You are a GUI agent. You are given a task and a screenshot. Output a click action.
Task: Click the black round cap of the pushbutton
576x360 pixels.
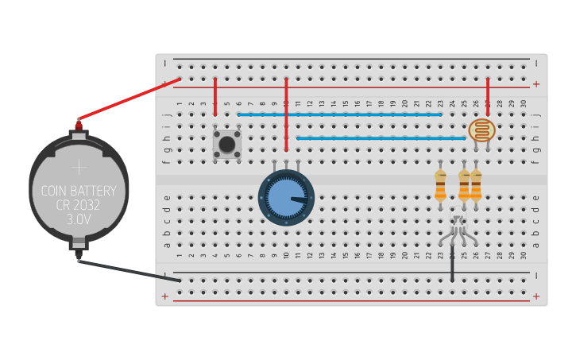(227, 144)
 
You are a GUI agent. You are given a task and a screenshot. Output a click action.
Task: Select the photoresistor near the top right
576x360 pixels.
(481, 130)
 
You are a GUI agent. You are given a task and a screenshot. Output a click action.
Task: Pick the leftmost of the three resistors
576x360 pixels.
(440, 187)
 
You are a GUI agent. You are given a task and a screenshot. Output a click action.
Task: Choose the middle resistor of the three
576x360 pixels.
(464, 187)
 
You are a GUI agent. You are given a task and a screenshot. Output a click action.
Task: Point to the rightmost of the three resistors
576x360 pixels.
(476, 187)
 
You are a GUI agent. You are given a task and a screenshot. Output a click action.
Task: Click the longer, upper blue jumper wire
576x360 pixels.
(339, 114)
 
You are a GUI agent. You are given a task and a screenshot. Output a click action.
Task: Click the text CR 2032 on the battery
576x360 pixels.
(79, 204)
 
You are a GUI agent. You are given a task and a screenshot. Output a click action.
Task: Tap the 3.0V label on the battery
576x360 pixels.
(79, 218)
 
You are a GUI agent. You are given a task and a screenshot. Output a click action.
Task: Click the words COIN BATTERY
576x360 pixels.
(79, 191)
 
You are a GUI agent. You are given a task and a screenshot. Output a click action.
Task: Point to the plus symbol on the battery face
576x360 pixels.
(79, 167)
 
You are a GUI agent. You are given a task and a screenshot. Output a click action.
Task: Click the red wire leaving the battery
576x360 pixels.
(127, 99)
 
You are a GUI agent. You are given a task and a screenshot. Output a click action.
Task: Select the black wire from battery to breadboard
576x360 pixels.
(127, 270)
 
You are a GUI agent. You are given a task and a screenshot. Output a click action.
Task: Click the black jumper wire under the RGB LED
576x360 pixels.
(453, 266)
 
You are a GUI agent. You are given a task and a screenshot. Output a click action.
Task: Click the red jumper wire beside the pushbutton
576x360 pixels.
(215, 97)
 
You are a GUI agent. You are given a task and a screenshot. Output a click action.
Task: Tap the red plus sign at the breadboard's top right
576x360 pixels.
(536, 83)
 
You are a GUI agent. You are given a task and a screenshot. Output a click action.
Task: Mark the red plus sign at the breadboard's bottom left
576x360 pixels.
(165, 296)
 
